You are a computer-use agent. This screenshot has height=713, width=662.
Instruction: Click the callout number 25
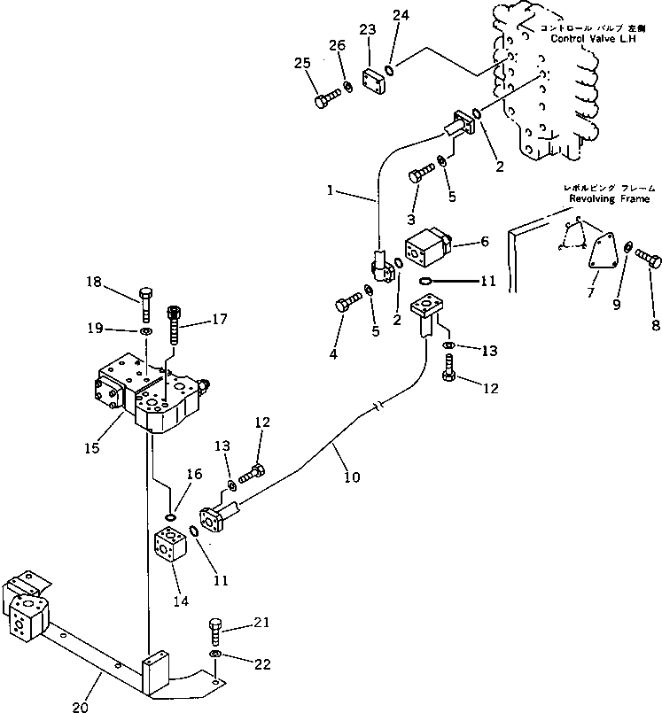point(301,63)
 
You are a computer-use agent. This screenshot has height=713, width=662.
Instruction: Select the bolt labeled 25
point(325,97)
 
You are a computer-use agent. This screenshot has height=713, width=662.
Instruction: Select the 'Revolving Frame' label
point(599,199)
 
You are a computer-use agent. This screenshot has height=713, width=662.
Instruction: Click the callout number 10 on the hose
point(351,477)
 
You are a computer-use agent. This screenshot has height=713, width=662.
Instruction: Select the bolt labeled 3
point(420,174)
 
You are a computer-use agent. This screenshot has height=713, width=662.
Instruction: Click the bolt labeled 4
point(347,305)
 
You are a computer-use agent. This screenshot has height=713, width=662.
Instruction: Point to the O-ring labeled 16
point(171,518)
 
